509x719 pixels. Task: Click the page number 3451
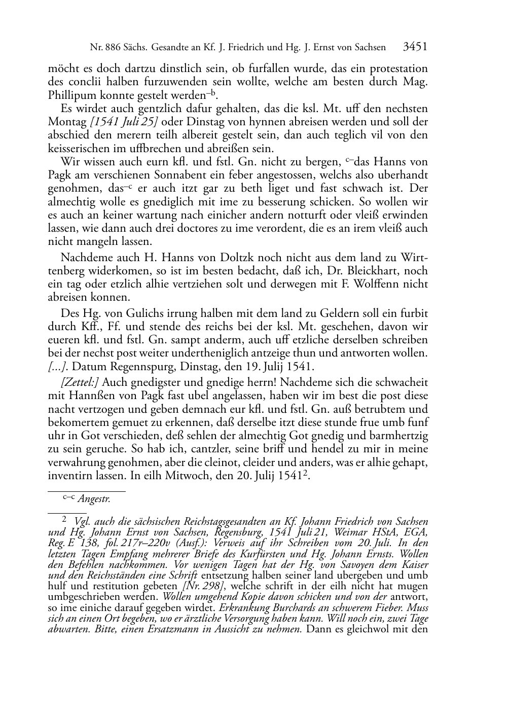coord(415,47)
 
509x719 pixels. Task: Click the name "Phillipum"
coord(70,95)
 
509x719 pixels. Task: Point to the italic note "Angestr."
coord(94,499)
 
